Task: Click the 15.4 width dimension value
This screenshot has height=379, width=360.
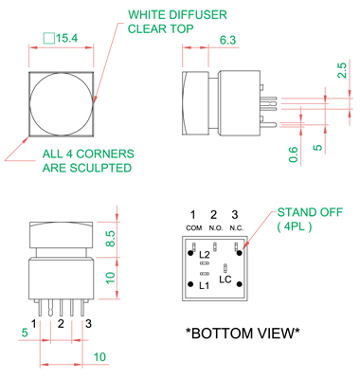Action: pyautogui.click(x=66, y=38)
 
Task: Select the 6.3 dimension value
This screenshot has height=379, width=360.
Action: pyautogui.click(x=227, y=40)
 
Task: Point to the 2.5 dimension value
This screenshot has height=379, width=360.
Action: pyautogui.click(x=342, y=70)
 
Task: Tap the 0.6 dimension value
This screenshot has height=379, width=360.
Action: pyautogui.click(x=294, y=154)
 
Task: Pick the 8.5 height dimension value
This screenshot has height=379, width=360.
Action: pyautogui.click(x=110, y=239)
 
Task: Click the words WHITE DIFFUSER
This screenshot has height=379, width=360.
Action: pyautogui.click(x=177, y=15)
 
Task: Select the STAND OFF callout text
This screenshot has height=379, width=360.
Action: pyautogui.click(x=310, y=212)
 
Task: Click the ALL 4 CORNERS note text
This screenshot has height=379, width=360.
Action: pyautogui.click(x=88, y=153)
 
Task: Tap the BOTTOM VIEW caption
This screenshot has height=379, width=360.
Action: pyautogui.click(x=243, y=333)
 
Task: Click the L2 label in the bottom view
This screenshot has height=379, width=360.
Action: pyautogui.click(x=205, y=255)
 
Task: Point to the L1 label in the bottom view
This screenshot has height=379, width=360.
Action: pyautogui.click(x=205, y=286)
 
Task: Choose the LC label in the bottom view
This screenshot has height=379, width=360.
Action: pyautogui.click(x=225, y=280)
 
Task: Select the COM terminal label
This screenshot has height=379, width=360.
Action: pyautogui.click(x=194, y=227)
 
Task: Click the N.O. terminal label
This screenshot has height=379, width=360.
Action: pyautogui.click(x=216, y=227)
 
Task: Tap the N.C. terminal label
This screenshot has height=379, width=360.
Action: pyautogui.click(x=237, y=227)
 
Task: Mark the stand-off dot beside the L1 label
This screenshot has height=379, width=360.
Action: pyautogui.click(x=190, y=284)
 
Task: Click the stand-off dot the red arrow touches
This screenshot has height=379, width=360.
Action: pyautogui.click(x=240, y=253)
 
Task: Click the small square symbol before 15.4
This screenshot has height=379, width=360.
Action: pyautogui.click(x=49, y=38)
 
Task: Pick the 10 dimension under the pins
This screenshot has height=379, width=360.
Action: pyautogui.click(x=99, y=357)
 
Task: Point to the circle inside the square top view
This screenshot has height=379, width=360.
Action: pyautogui.click(x=30, y=104)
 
